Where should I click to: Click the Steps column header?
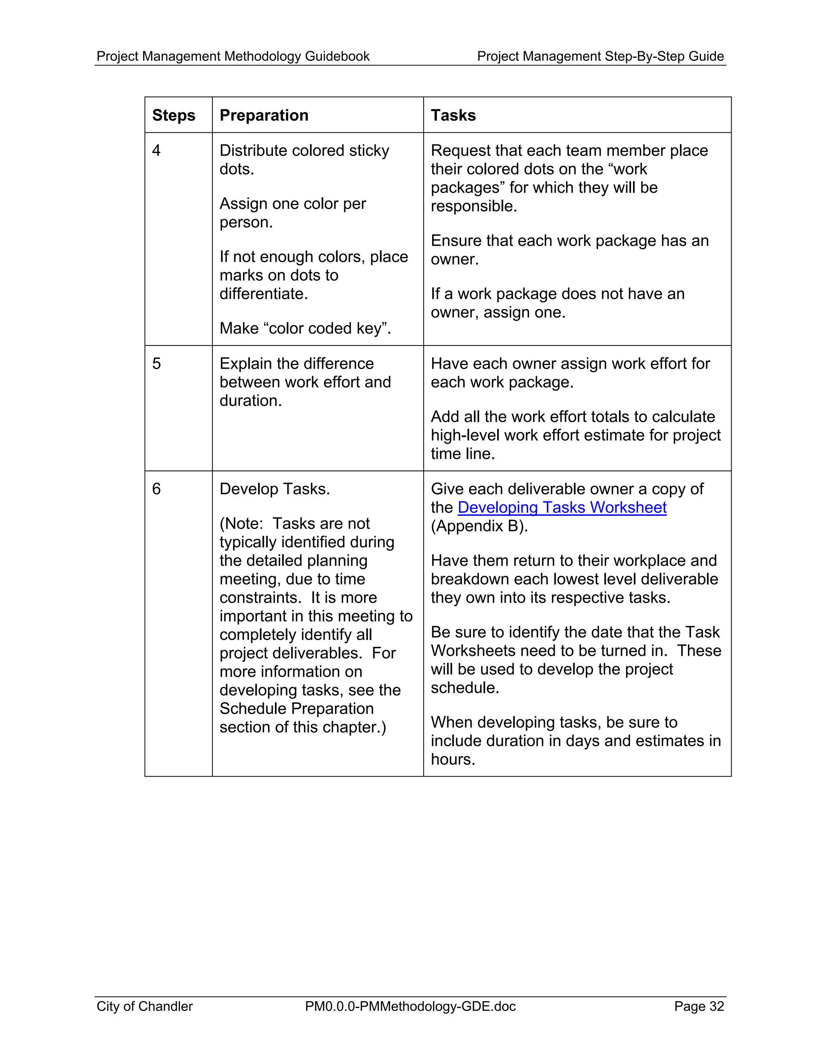point(173,115)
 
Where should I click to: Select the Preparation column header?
point(264,115)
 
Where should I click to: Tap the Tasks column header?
point(453,115)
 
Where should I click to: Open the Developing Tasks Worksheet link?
point(561,508)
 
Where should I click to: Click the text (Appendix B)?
point(479,526)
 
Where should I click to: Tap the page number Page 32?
point(698,1007)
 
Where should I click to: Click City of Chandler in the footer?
point(144,1007)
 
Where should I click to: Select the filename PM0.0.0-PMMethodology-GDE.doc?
point(410,1007)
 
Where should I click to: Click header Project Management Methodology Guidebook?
point(233,57)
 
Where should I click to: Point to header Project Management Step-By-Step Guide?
point(600,57)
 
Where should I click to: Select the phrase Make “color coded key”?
point(305,329)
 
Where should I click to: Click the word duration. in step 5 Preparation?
point(251,401)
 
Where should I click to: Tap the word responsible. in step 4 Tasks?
point(474,206)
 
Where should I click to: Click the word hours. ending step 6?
point(452,759)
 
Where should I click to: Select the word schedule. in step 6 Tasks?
point(465,688)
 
